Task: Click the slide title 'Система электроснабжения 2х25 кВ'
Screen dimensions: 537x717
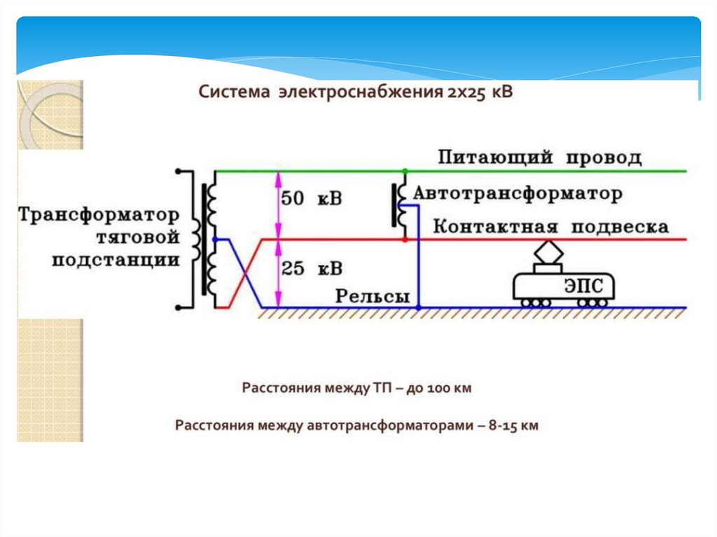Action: (356, 92)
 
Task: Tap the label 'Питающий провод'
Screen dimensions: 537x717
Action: (539, 157)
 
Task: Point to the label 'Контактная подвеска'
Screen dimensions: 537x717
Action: (550, 227)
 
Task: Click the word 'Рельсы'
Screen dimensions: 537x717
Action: (373, 296)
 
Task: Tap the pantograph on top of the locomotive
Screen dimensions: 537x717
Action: (548, 252)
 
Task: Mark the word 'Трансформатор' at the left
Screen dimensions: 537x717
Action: (99, 214)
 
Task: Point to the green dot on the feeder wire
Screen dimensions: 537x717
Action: (404, 171)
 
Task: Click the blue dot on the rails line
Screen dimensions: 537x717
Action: (418, 307)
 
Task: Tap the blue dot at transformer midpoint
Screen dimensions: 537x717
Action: (214, 239)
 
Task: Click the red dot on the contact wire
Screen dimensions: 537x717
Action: (404, 239)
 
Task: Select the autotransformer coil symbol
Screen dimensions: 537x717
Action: (402, 205)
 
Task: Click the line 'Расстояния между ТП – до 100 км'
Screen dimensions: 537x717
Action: (356, 388)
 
